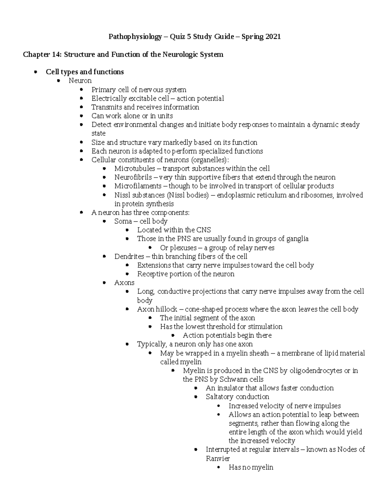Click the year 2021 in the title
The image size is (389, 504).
(273, 37)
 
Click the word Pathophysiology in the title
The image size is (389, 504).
(135, 37)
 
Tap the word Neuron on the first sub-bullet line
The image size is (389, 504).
(80, 80)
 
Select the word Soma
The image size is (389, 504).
(123, 221)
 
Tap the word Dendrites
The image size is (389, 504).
(129, 256)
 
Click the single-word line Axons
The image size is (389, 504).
(124, 283)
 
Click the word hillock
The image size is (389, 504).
(166, 309)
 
